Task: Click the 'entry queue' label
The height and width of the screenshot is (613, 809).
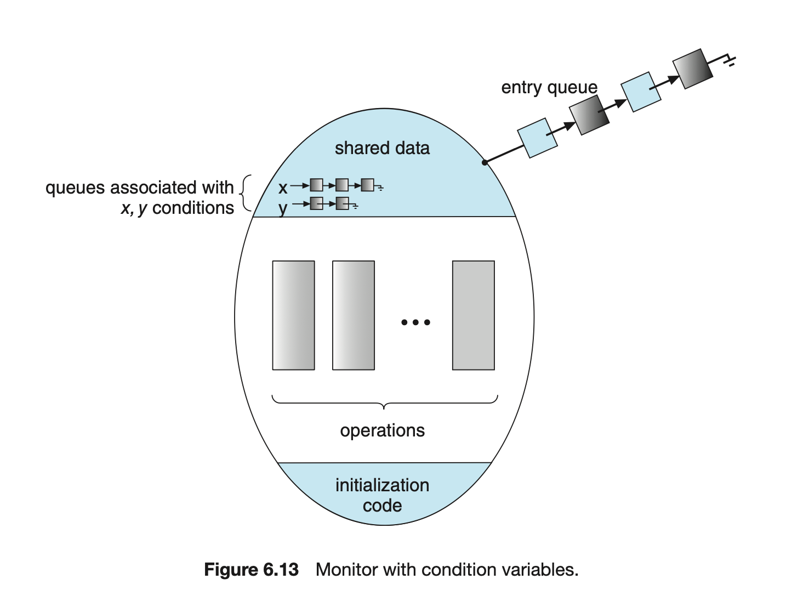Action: (x=549, y=88)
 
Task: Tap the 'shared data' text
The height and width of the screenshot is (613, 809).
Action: (x=382, y=148)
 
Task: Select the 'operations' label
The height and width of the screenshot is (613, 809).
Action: (x=382, y=430)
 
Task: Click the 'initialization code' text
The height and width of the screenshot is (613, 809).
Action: (x=382, y=495)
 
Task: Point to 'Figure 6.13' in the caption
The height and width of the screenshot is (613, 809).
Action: (x=251, y=570)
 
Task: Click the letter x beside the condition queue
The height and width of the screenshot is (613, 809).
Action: (x=283, y=188)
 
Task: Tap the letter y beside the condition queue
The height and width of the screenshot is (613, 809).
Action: (x=283, y=208)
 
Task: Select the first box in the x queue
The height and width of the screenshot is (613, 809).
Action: (x=316, y=185)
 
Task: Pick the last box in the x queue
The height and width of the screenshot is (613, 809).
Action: (x=367, y=185)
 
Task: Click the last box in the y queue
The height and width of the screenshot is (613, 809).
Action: (x=342, y=203)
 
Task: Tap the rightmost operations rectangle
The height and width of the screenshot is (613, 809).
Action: (x=474, y=315)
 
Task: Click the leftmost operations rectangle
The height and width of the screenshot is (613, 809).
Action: (x=294, y=315)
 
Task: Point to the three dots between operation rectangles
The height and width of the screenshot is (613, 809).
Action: (x=415, y=322)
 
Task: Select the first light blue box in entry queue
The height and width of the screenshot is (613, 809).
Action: (x=538, y=138)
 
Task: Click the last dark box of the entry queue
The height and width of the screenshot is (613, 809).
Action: (x=693, y=69)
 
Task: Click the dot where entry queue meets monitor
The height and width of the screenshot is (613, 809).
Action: (x=485, y=162)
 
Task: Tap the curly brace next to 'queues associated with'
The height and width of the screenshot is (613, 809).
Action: (x=247, y=193)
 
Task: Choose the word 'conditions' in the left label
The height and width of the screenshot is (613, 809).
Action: (x=193, y=208)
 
